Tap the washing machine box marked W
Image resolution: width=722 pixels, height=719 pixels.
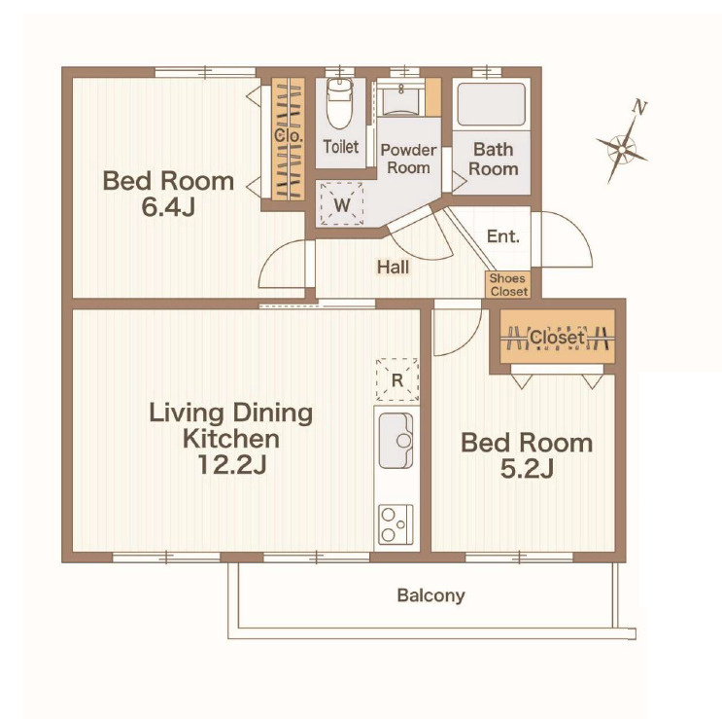coord(342,203)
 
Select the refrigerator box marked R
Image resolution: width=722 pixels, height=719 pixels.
coord(396,379)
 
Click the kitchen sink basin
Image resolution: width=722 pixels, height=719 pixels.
coord(395,441)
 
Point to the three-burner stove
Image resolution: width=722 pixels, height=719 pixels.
coord(395,524)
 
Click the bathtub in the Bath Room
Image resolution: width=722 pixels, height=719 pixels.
coord(492,104)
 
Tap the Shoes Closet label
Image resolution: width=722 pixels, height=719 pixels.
coord(508,285)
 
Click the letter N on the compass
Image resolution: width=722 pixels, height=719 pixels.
coord(639,107)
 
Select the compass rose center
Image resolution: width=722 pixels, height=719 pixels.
coord(622,149)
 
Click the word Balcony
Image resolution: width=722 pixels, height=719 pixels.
coord(431,595)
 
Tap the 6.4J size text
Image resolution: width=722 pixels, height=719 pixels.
coord(168,207)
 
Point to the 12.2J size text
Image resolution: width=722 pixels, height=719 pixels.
coord(231,465)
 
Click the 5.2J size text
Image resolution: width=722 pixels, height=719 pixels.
coord(527,469)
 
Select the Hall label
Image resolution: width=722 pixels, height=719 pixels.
coord(393,267)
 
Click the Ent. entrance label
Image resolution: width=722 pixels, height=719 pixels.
coord(502,236)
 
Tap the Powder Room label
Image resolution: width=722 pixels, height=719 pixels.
coord(408,159)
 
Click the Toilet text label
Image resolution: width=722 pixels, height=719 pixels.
coord(341,147)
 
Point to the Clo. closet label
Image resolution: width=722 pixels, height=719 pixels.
coord(289,135)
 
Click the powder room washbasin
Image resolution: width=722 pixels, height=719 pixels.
coord(401,98)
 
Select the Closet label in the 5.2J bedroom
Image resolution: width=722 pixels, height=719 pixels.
coord(557,338)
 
